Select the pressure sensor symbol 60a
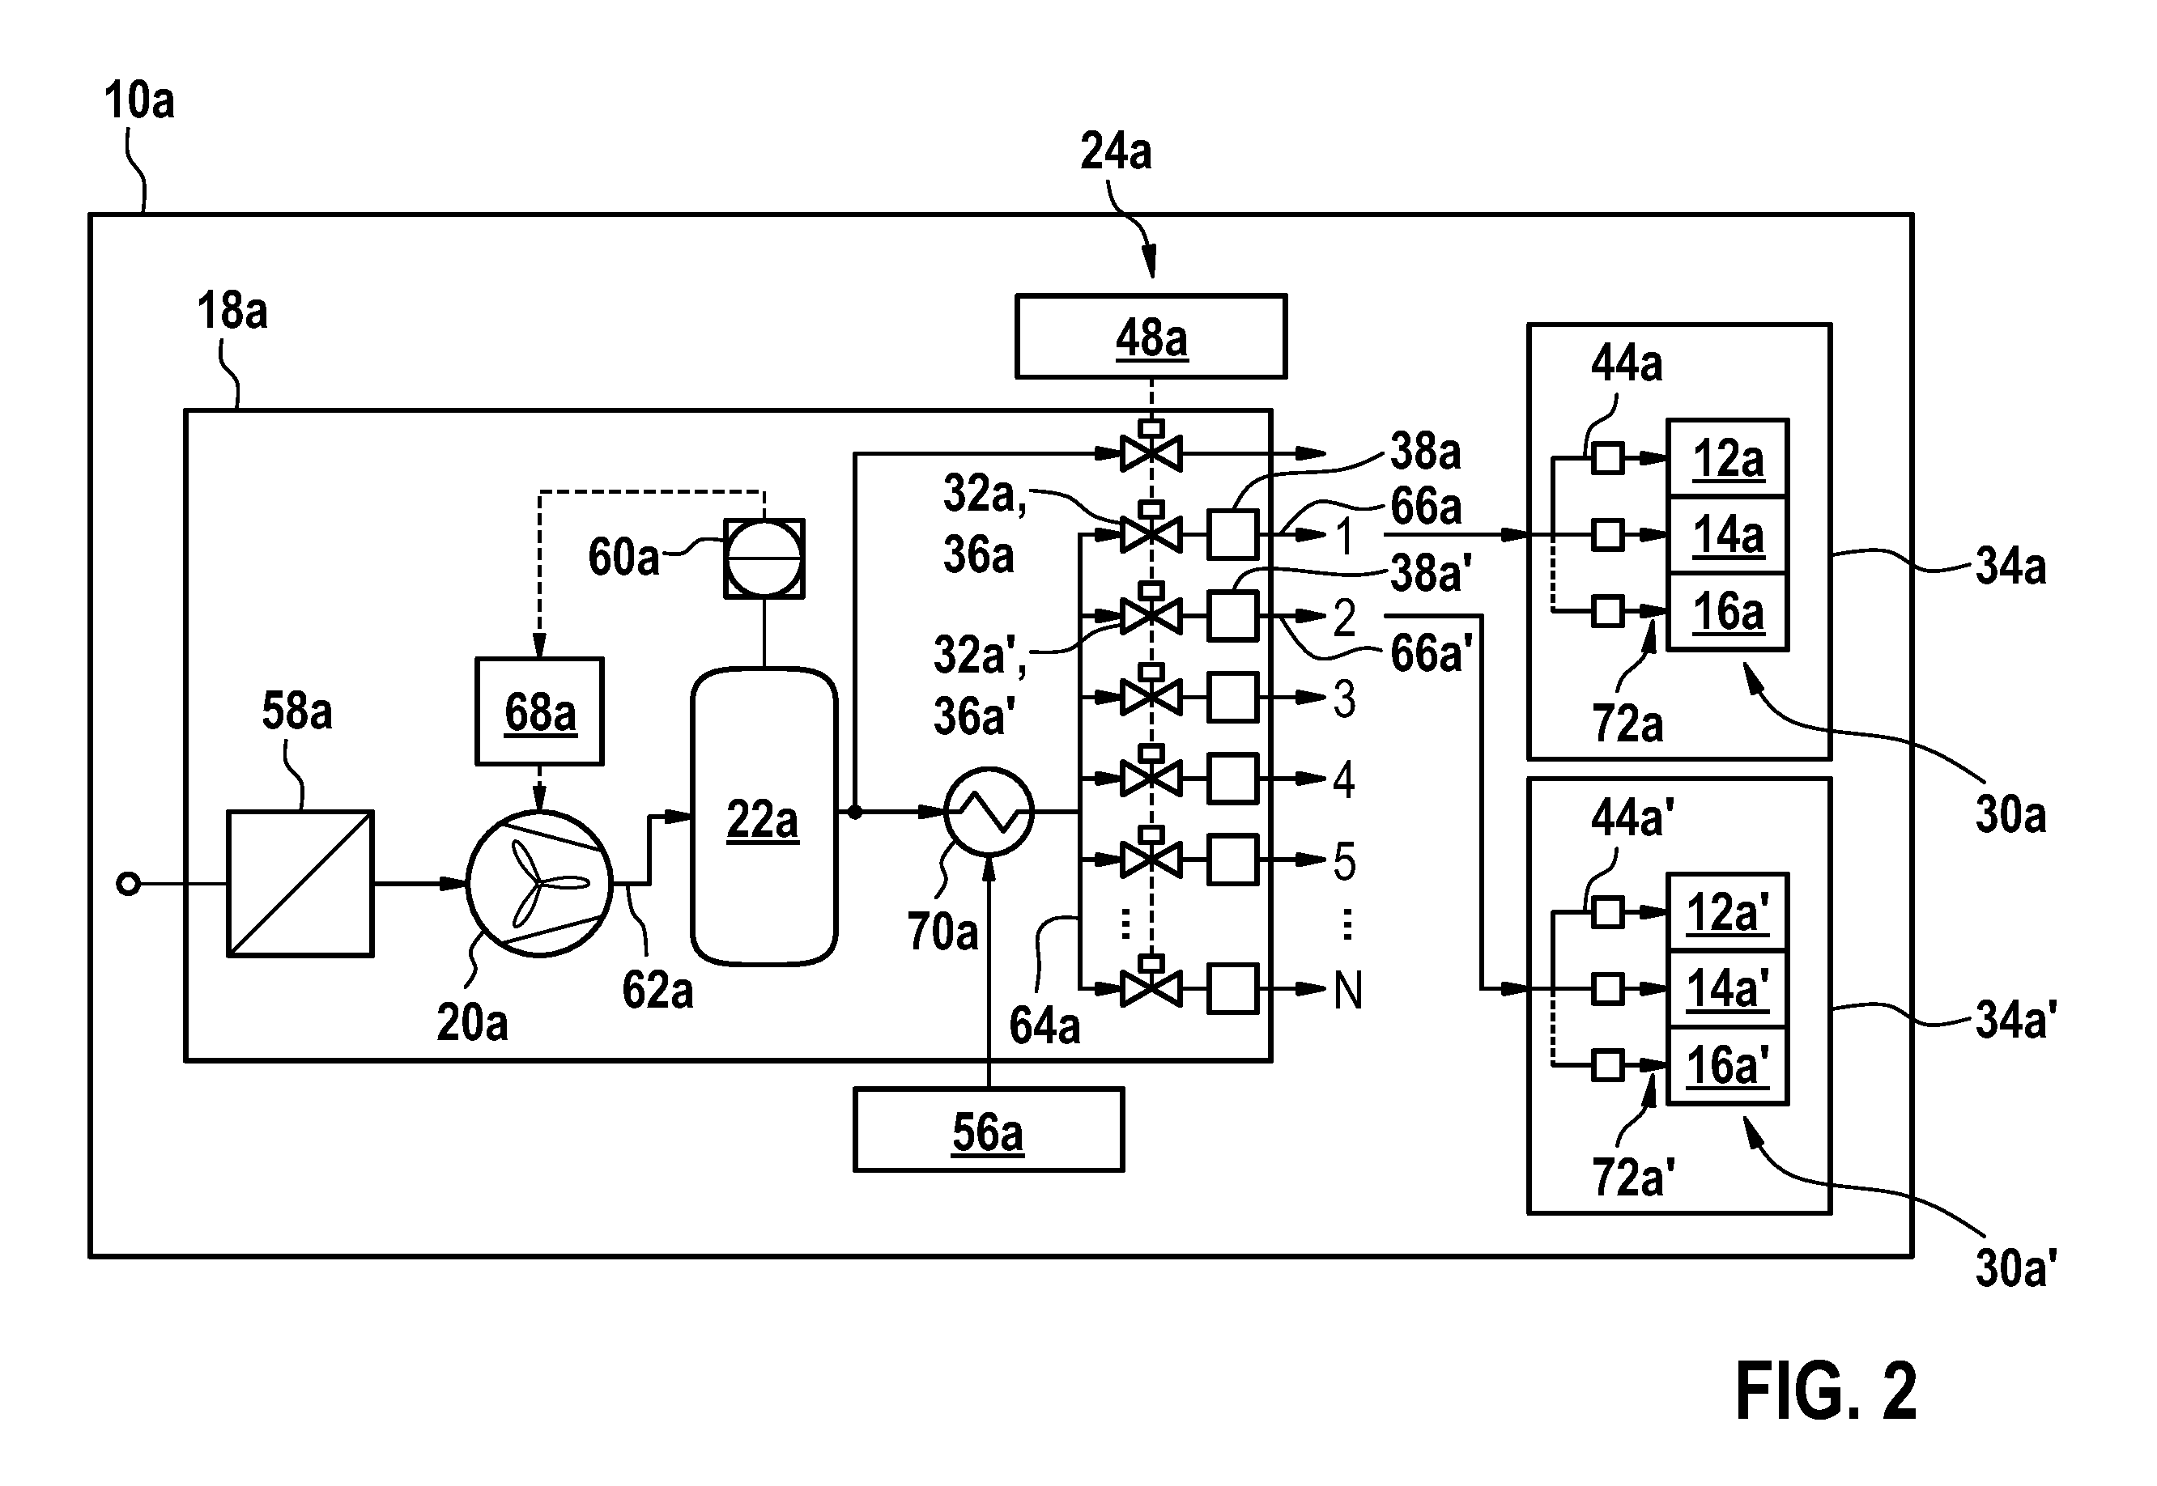pos(764,558)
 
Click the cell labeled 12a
pos(1727,458)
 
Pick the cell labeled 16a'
pos(1727,1065)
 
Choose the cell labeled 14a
pos(1727,535)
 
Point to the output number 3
pos(1344,698)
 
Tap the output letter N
pos(1347,990)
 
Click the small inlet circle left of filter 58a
pos(129,884)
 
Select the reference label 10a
pos(138,100)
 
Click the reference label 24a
pos(1116,151)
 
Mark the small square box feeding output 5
pos(1232,859)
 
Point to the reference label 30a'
pos(2015,1268)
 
